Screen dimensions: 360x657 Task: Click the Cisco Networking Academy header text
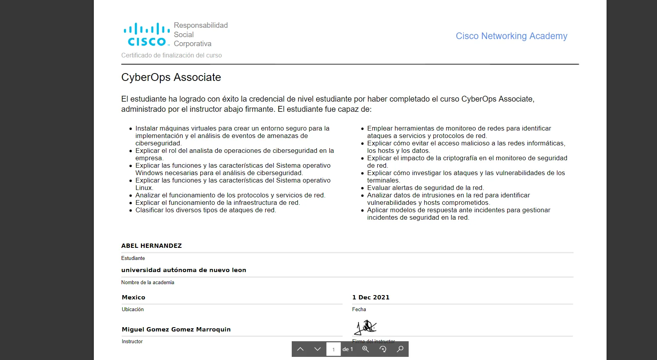point(511,36)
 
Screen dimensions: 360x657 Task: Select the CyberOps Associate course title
point(171,77)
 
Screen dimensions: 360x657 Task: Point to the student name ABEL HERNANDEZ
point(151,246)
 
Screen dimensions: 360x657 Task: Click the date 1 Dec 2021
point(371,297)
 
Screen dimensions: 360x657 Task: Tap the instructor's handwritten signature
point(365,327)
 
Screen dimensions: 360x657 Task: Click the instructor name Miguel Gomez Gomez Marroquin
point(176,330)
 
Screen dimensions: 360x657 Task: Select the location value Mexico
point(133,297)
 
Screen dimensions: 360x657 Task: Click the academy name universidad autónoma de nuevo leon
point(183,270)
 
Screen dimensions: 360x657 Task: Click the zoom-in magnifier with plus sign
point(366,349)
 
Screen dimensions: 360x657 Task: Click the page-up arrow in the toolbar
point(300,349)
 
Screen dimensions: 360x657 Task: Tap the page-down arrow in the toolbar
point(317,349)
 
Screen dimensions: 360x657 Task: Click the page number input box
point(334,349)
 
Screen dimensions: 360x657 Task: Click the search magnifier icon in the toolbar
point(400,349)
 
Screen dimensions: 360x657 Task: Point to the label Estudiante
point(133,258)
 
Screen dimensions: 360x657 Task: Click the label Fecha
point(359,310)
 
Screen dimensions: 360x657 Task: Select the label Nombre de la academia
point(147,283)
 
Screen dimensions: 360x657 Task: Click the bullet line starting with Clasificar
point(205,210)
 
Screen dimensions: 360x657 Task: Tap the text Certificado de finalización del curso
point(171,56)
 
